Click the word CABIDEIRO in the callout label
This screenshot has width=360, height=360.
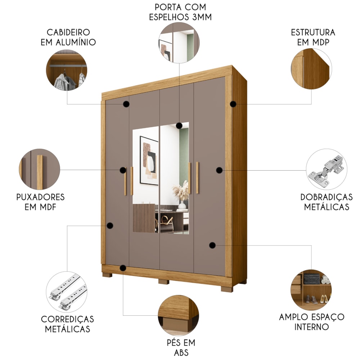click(x=68, y=32)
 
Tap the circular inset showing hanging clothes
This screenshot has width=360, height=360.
click(x=67, y=70)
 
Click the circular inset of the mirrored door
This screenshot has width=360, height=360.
click(x=179, y=42)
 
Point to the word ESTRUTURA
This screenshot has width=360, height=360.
click(x=313, y=32)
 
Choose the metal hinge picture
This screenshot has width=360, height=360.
click(x=327, y=169)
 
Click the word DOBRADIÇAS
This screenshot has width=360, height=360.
click(x=327, y=197)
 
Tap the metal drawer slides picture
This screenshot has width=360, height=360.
click(x=67, y=292)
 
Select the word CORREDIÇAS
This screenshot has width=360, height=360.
click(x=68, y=319)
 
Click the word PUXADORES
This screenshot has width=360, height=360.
click(x=40, y=197)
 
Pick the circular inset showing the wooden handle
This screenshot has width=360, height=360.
click(x=40, y=169)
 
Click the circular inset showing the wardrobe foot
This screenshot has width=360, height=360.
click(x=179, y=315)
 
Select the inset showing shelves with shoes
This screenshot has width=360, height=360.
click(x=311, y=290)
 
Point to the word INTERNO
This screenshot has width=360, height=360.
click(x=311, y=327)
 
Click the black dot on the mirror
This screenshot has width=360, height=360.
click(x=179, y=126)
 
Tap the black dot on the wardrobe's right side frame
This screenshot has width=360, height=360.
click(x=233, y=104)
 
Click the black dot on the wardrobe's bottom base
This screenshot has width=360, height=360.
click(x=123, y=268)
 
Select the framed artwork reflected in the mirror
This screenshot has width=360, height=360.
click(x=149, y=161)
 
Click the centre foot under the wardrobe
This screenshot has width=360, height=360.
click(x=164, y=282)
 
